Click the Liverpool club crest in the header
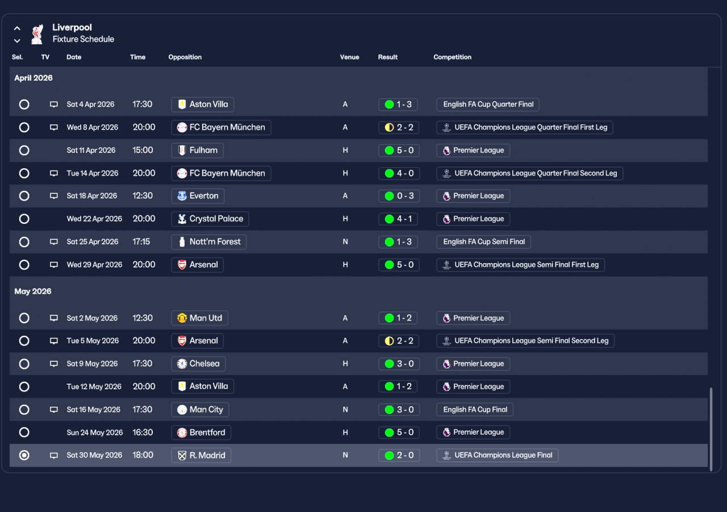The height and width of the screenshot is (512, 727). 37,34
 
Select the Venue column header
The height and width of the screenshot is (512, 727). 349,57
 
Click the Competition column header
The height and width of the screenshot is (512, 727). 452,57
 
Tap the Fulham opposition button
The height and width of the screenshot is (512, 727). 197,151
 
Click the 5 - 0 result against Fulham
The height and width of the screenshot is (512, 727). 399,151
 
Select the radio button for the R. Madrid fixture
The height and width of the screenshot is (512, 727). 24,455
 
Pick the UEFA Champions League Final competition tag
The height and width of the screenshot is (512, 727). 497,455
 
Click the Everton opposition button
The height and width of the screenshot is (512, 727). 198,196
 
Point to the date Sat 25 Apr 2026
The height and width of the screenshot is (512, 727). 93,242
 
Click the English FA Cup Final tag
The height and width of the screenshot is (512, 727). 475,409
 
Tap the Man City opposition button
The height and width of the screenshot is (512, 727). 200,409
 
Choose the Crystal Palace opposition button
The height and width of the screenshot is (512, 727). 210,219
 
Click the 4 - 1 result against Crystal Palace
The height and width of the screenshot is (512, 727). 398,219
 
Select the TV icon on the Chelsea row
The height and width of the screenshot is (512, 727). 54,364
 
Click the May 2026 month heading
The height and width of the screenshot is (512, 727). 33,291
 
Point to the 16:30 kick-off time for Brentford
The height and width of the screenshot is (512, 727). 143,432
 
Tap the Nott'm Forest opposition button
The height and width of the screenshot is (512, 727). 208,242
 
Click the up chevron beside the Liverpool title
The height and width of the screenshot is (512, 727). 17,28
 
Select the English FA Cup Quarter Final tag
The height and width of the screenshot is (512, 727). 488,105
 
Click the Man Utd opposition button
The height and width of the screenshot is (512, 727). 199,318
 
